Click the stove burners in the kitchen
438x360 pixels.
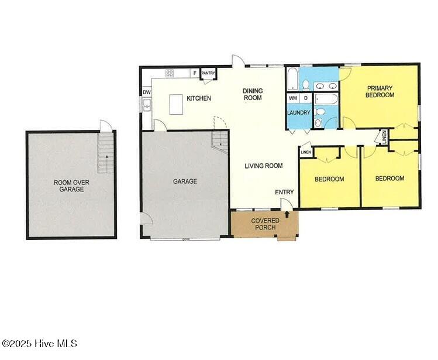[x=170, y=73]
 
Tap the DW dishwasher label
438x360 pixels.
[x=146, y=92]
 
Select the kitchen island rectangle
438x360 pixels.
[x=176, y=105]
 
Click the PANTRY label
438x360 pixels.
[x=208, y=73]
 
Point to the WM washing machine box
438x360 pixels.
[x=293, y=98]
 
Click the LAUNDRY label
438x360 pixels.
[x=298, y=112]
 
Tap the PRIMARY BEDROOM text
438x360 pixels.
[x=380, y=91]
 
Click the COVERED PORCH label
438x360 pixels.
[x=265, y=224]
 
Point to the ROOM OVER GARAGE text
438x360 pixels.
[x=71, y=186]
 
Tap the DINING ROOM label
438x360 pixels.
[x=253, y=94]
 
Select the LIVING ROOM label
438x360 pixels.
[x=263, y=166]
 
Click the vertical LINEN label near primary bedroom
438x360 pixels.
[x=384, y=136]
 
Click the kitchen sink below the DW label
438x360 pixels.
[x=147, y=105]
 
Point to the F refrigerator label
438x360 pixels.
[x=195, y=73]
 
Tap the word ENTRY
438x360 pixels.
[x=284, y=192]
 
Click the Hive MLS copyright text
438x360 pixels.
[x=39, y=344]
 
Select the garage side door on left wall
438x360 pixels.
[x=145, y=220]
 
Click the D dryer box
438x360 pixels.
[x=305, y=98]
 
